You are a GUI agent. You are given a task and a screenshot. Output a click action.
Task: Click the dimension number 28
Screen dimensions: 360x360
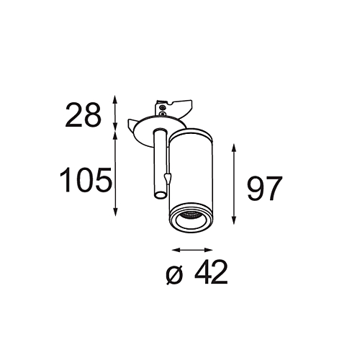click(83, 115)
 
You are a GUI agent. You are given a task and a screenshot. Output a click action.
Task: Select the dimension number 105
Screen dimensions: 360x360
click(86, 180)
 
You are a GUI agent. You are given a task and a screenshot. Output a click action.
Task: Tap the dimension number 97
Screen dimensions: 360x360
click(265, 189)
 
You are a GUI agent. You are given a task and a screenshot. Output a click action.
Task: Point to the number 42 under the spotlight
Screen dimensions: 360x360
click(211, 272)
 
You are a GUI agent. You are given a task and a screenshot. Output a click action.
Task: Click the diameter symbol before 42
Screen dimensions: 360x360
click(174, 274)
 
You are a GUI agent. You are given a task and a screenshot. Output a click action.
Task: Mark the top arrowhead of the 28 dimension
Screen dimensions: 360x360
click(115, 99)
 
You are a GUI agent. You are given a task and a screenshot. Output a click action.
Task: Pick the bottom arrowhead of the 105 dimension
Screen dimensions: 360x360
click(116, 212)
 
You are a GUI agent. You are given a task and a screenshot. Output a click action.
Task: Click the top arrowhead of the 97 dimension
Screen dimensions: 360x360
click(234, 148)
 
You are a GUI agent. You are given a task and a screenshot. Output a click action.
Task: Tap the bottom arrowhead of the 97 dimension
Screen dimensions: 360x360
click(234, 220)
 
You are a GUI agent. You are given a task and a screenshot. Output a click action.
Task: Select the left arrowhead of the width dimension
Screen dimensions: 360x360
click(176, 250)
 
